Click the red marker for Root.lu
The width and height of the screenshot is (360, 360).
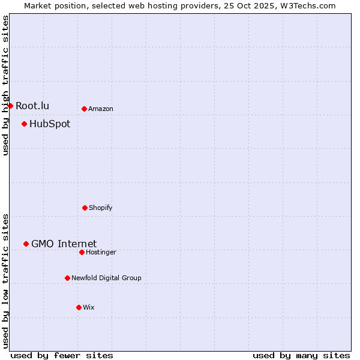(x=10, y=106)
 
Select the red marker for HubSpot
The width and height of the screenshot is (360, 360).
(x=24, y=124)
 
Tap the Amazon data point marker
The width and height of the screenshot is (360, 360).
(x=84, y=109)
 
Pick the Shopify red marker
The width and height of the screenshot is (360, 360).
(x=85, y=208)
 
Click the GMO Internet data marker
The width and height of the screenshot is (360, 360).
(x=26, y=244)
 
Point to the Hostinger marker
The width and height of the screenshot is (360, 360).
(x=82, y=252)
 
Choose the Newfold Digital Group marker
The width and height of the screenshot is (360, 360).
(x=67, y=278)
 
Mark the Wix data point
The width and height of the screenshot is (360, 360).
(x=79, y=307)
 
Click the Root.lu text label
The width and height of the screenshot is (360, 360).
(x=32, y=106)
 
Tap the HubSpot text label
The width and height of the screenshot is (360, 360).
(x=50, y=124)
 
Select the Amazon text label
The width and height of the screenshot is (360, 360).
(x=100, y=109)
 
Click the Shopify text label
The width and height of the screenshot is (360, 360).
(x=100, y=208)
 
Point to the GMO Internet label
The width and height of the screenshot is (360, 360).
(x=64, y=244)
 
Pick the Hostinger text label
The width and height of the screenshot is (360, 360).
(x=101, y=252)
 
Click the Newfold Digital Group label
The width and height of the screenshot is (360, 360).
(x=106, y=278)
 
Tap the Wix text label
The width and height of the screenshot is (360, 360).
(x=88, y=307)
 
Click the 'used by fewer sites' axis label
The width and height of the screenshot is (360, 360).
(x=62, y=355)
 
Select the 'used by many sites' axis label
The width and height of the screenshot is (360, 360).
(x=301, y=355)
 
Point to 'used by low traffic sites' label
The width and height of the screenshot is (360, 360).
(x=5, y=281)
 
